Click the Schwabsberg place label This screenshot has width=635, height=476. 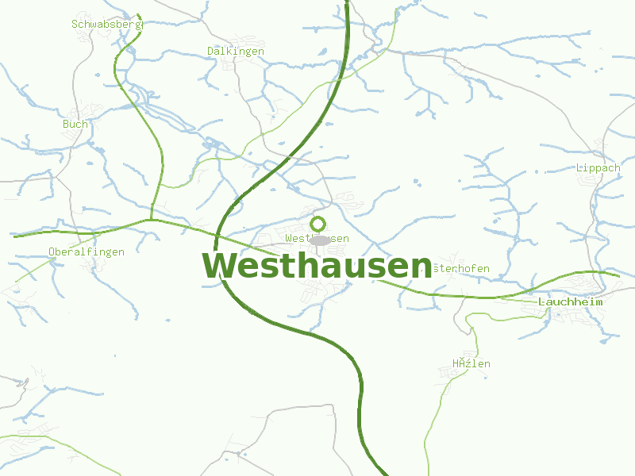tap(106, 24)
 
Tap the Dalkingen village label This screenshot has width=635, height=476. tap(235, 51)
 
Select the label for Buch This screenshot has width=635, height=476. tap(75, 124)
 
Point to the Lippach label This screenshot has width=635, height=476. tap(598, 168)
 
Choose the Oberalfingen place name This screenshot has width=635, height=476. tap(87, 252)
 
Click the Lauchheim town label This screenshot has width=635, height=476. tap(570, 302)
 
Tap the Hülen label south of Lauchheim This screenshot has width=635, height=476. tap(471, 364)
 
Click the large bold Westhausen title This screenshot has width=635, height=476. tap(317, 266)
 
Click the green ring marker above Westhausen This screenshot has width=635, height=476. tap(318, 224)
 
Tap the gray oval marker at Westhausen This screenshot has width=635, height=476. tap(319, 240)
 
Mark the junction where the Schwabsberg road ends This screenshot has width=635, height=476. tap(151, 219)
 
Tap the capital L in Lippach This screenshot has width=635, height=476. tap(579, 168)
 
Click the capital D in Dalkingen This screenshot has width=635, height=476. tap(210, 51)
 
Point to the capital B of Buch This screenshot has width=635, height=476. tap(66, 124)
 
